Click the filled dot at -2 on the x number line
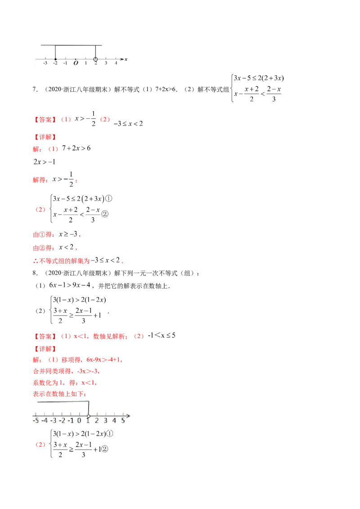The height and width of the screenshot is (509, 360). point(55,59)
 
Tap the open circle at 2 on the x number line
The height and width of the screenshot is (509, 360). point(95,59)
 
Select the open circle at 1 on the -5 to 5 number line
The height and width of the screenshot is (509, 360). point(88,415)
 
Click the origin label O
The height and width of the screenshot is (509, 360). point(75,63)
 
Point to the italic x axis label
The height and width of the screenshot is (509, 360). point(126,59)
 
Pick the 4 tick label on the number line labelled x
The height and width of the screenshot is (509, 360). point(116,63)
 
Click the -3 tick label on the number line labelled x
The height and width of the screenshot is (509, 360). point(45,63)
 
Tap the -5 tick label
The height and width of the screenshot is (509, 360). point(35,421)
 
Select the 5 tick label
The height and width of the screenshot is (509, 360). point(122,421)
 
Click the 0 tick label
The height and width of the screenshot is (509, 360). point(79,421)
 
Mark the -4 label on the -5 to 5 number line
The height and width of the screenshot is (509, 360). point(44,421)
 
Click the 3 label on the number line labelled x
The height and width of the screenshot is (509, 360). point(106,63)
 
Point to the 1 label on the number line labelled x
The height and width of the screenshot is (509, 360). point(85,63)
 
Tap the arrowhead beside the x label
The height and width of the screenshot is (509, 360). point(122,59)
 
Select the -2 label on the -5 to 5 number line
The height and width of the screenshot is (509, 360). point(62,421)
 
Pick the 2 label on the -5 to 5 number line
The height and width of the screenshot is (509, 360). point(96,421)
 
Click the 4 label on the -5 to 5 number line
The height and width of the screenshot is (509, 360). point(113,421)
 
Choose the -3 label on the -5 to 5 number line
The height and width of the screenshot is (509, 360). point(53,421)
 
